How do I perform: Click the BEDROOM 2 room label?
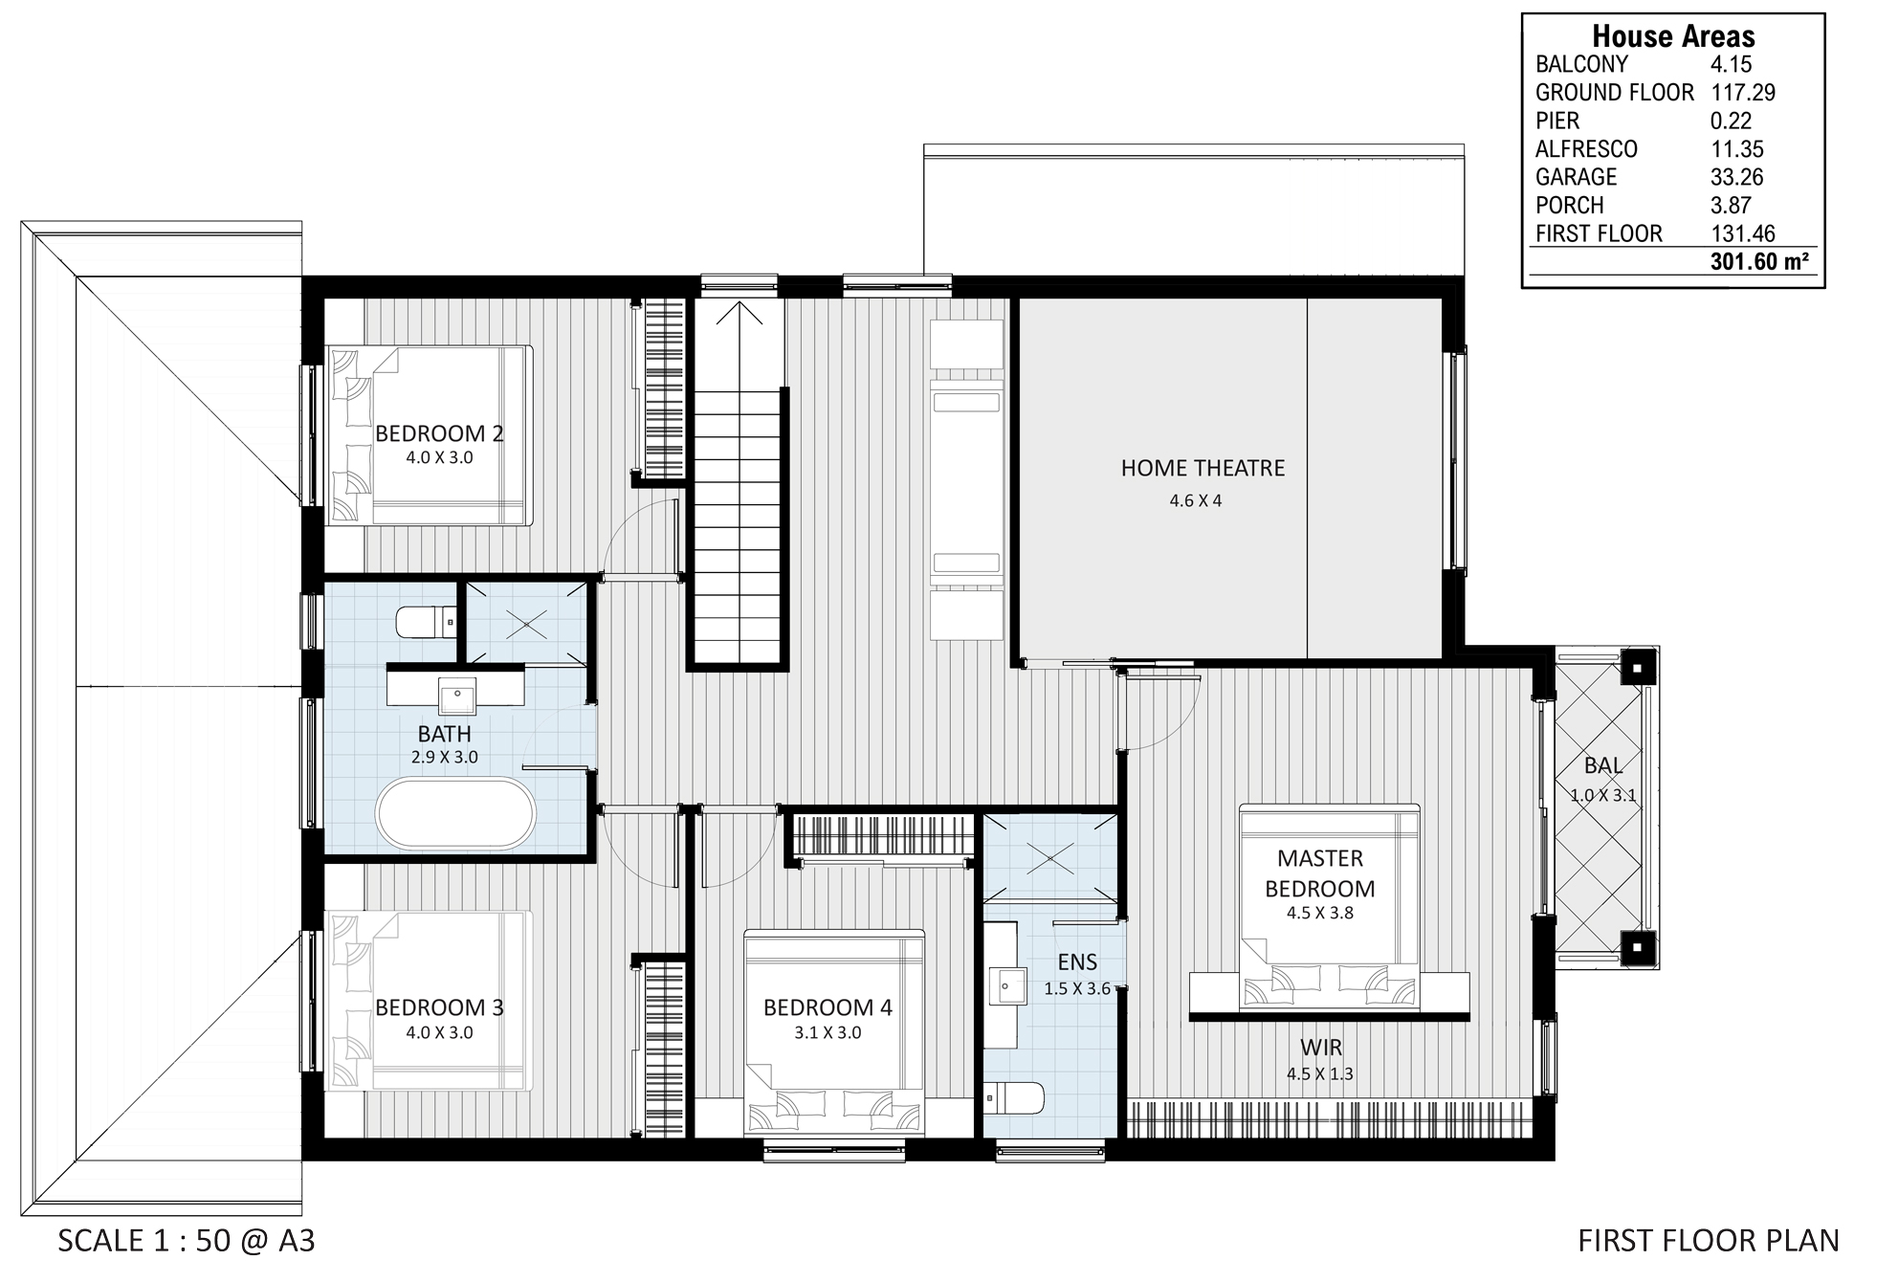point(439,433)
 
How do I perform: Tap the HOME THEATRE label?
point(1203,468)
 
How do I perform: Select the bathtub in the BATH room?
point(455,813)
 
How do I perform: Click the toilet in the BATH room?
point(425,622)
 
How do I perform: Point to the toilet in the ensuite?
point(1014,1096)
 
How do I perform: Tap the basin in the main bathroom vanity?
point(457,696)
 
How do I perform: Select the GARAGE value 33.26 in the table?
point(1737,177)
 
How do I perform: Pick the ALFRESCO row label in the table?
point(1586,149)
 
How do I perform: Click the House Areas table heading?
point(1673,36)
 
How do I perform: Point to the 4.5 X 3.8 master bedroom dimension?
point(1320,913)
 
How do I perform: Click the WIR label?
point(1321,1048)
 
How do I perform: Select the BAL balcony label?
point(1603,765)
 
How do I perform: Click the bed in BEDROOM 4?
point(834,1033)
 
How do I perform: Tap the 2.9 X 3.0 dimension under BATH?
point(445,757)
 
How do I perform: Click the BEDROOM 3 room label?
point(439,1007)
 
